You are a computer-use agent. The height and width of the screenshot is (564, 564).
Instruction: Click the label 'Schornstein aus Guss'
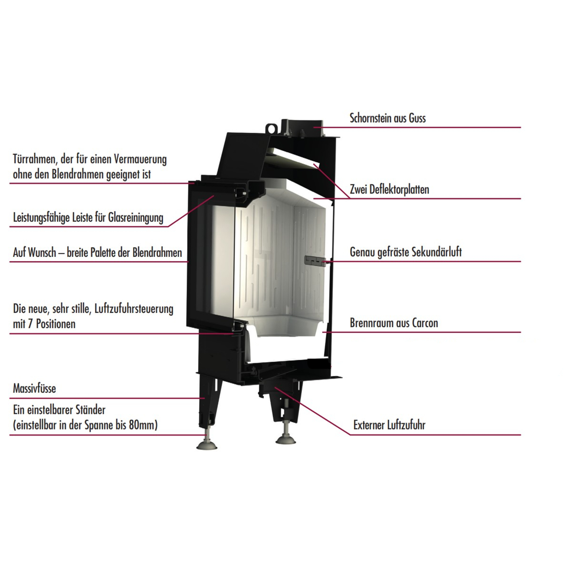click(387, 118)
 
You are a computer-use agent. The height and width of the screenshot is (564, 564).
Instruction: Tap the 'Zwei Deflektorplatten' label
click(389, 189)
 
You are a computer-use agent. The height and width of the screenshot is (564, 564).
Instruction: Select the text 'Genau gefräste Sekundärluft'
click(406, 252)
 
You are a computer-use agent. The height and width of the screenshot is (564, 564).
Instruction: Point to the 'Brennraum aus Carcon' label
click(394, 323)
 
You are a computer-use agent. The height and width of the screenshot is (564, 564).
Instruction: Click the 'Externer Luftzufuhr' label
click(389, 425)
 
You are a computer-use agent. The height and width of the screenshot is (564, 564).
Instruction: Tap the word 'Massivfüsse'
click(34, 388)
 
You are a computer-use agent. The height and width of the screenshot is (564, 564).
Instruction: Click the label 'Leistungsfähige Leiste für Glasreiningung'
click(88, 218)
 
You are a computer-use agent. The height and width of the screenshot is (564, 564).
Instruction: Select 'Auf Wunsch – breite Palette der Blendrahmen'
click(98, 252)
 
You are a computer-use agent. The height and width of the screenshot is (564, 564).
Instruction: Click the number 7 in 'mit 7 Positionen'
click(30, 324)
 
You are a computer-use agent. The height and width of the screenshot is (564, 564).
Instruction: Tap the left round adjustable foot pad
click(207, 446)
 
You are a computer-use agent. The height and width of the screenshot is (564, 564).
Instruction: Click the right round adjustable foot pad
click(285, 439)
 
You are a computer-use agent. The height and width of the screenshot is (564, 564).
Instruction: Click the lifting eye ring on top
click(271, 128)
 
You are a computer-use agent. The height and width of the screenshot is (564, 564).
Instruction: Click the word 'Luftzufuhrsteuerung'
click(134, 309)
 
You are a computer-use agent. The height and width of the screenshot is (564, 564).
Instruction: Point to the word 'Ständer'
click(90, 410)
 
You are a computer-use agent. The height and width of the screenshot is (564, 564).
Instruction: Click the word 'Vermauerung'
click(140, 160)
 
